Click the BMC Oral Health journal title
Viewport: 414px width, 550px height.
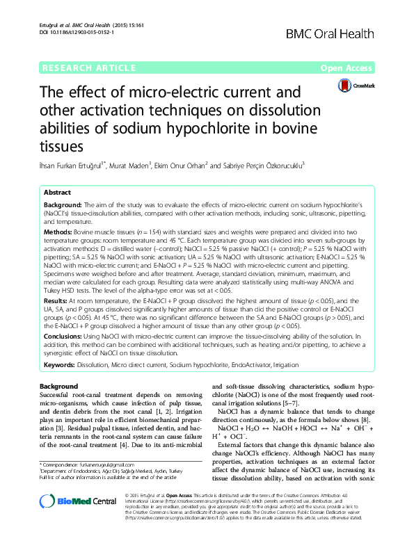[x=330, y=33]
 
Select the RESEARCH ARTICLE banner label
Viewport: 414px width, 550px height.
[x=88, y=68]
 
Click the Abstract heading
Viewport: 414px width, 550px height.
[x=57, y=192]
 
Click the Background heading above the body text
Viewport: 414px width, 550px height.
[x=58, y=385]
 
